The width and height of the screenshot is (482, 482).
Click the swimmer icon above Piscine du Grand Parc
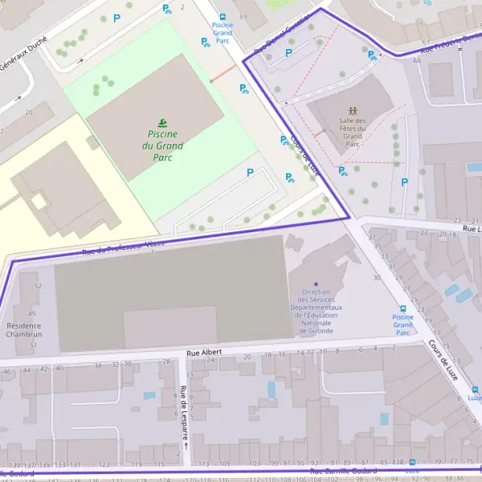click(x=162, y=122)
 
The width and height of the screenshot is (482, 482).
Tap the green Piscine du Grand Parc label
click(x=162, y=145)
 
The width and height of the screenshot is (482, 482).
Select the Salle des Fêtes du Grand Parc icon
click(x=352, y=110)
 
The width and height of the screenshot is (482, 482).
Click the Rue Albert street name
click(x=203, y=353)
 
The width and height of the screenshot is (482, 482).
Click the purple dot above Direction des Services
click(x=316, y=284)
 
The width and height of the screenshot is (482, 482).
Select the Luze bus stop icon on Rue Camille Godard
click(x=412, y=462)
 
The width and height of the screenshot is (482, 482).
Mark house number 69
click(x=240, y=17)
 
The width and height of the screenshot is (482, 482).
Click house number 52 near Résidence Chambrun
click(x=37, y=286)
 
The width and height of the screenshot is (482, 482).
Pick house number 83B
click(x=398, y=463)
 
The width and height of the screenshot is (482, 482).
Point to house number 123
click(x=104, y=464)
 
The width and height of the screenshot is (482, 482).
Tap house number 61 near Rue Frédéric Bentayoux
click(x=426, y=42)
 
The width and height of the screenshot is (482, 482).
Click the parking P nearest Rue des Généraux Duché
click(x=116, y=18)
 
